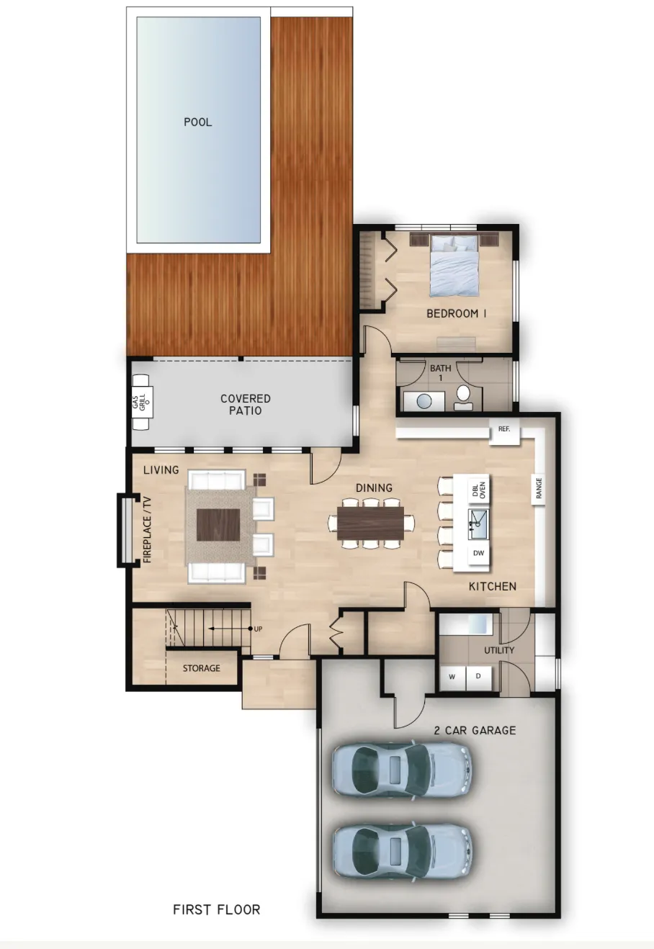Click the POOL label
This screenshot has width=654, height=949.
click(x=197, y=122)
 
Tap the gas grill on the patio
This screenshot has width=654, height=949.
click(x=142, y=402)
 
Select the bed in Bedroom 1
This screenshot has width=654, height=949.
click(x=454, y=264)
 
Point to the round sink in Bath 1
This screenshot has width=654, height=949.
click(x=424, y=401)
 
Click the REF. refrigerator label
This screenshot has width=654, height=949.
click(x=504, y=428)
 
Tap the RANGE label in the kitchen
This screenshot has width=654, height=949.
click(x=539, y=488)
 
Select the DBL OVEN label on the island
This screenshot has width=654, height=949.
click(x=478, y=490)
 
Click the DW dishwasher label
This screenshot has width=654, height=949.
click(x=478, y=553)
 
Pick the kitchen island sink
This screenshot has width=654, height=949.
click(x=478, y=524)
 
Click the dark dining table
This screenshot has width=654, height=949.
click(x=371, y=523)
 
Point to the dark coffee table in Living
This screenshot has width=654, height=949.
click(x=218, y=525)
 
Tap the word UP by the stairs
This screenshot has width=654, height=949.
click(x=258, y=629)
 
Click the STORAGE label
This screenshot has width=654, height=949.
click(x=202, y=668)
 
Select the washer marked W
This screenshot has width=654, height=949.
click(x=452, y=677)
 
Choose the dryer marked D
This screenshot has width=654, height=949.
click(x=478, y=676)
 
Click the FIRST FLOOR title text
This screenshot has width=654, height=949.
click(x=217, y=909)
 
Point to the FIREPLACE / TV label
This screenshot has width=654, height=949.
click(x=147, y=529)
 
